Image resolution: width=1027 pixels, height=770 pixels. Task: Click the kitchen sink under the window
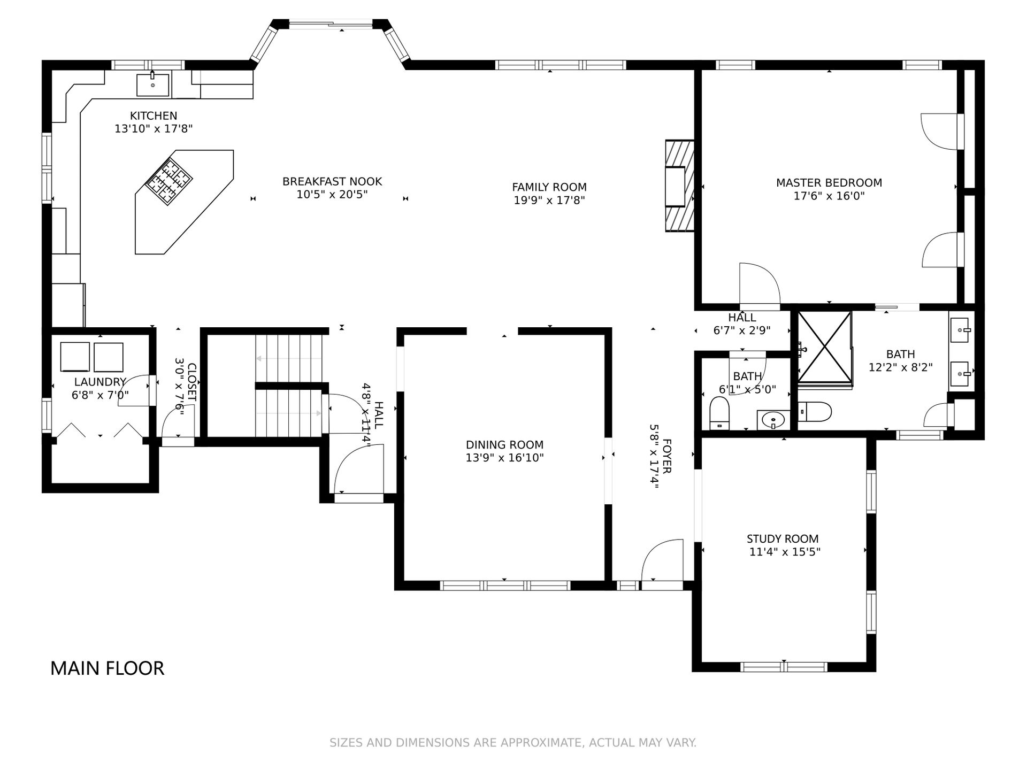pos(153,84)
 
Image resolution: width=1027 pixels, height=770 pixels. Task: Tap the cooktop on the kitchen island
pos(169,182)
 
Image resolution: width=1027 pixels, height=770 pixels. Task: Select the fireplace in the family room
pos(680,186)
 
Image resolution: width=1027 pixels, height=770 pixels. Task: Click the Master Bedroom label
pos(829,183)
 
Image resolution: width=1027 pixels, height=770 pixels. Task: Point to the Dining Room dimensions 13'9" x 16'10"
pos(504,458)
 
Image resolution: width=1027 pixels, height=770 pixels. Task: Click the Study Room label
pos(783,539)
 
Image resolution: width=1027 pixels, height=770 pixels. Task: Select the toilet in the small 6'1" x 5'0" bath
pos(719,413)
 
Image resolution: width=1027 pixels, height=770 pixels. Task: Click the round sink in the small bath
pos(773,420)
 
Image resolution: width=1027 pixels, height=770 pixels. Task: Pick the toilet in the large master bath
pos(815,412)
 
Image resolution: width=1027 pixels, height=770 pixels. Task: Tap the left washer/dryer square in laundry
pos(75,356)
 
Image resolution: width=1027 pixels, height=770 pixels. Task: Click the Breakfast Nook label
pos(332,182)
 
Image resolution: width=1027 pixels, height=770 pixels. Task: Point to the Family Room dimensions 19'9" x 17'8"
pos(549,201)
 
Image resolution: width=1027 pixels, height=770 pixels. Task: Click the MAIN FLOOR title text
pos(107,668)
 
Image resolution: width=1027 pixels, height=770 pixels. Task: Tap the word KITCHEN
pos(154,115)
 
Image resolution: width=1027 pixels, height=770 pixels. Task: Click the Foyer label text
pos(667,456)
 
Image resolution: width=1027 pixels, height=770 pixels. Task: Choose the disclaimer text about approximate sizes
pos(513,743)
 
